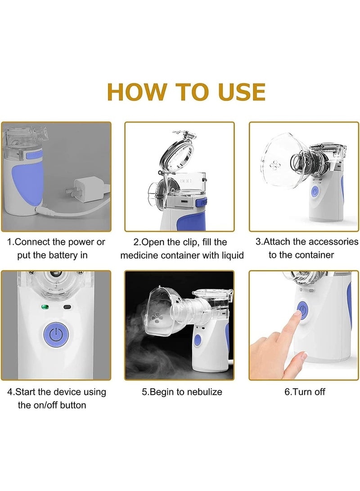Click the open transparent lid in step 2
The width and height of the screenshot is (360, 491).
(177, 153)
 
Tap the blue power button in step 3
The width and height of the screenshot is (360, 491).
(315, 191)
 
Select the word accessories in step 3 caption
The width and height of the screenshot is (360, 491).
(333, 242)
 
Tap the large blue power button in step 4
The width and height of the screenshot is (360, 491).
(56, 335)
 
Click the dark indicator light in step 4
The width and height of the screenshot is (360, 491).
(67, 307)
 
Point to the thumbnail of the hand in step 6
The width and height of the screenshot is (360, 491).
(302, 355)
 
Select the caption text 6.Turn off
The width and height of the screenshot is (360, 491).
(305, 392)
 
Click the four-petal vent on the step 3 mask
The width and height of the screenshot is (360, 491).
(275, 165)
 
